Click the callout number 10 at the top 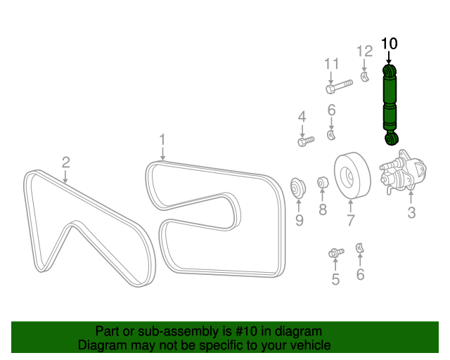click(x=389, y=44)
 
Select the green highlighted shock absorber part click(x=390, y=103)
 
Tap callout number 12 click(x=364, y=51)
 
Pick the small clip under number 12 click(x=364, y=75)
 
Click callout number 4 click(x=302, y=117)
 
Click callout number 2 click(x=65, y=162)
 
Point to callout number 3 click(x=411, y=212)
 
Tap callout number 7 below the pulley click(x=349, y=220)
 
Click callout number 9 click(x=299, y=221)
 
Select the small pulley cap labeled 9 click(x=298, y=188)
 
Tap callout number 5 click(x=335, y=280)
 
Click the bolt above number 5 click(x=335, y=252)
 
